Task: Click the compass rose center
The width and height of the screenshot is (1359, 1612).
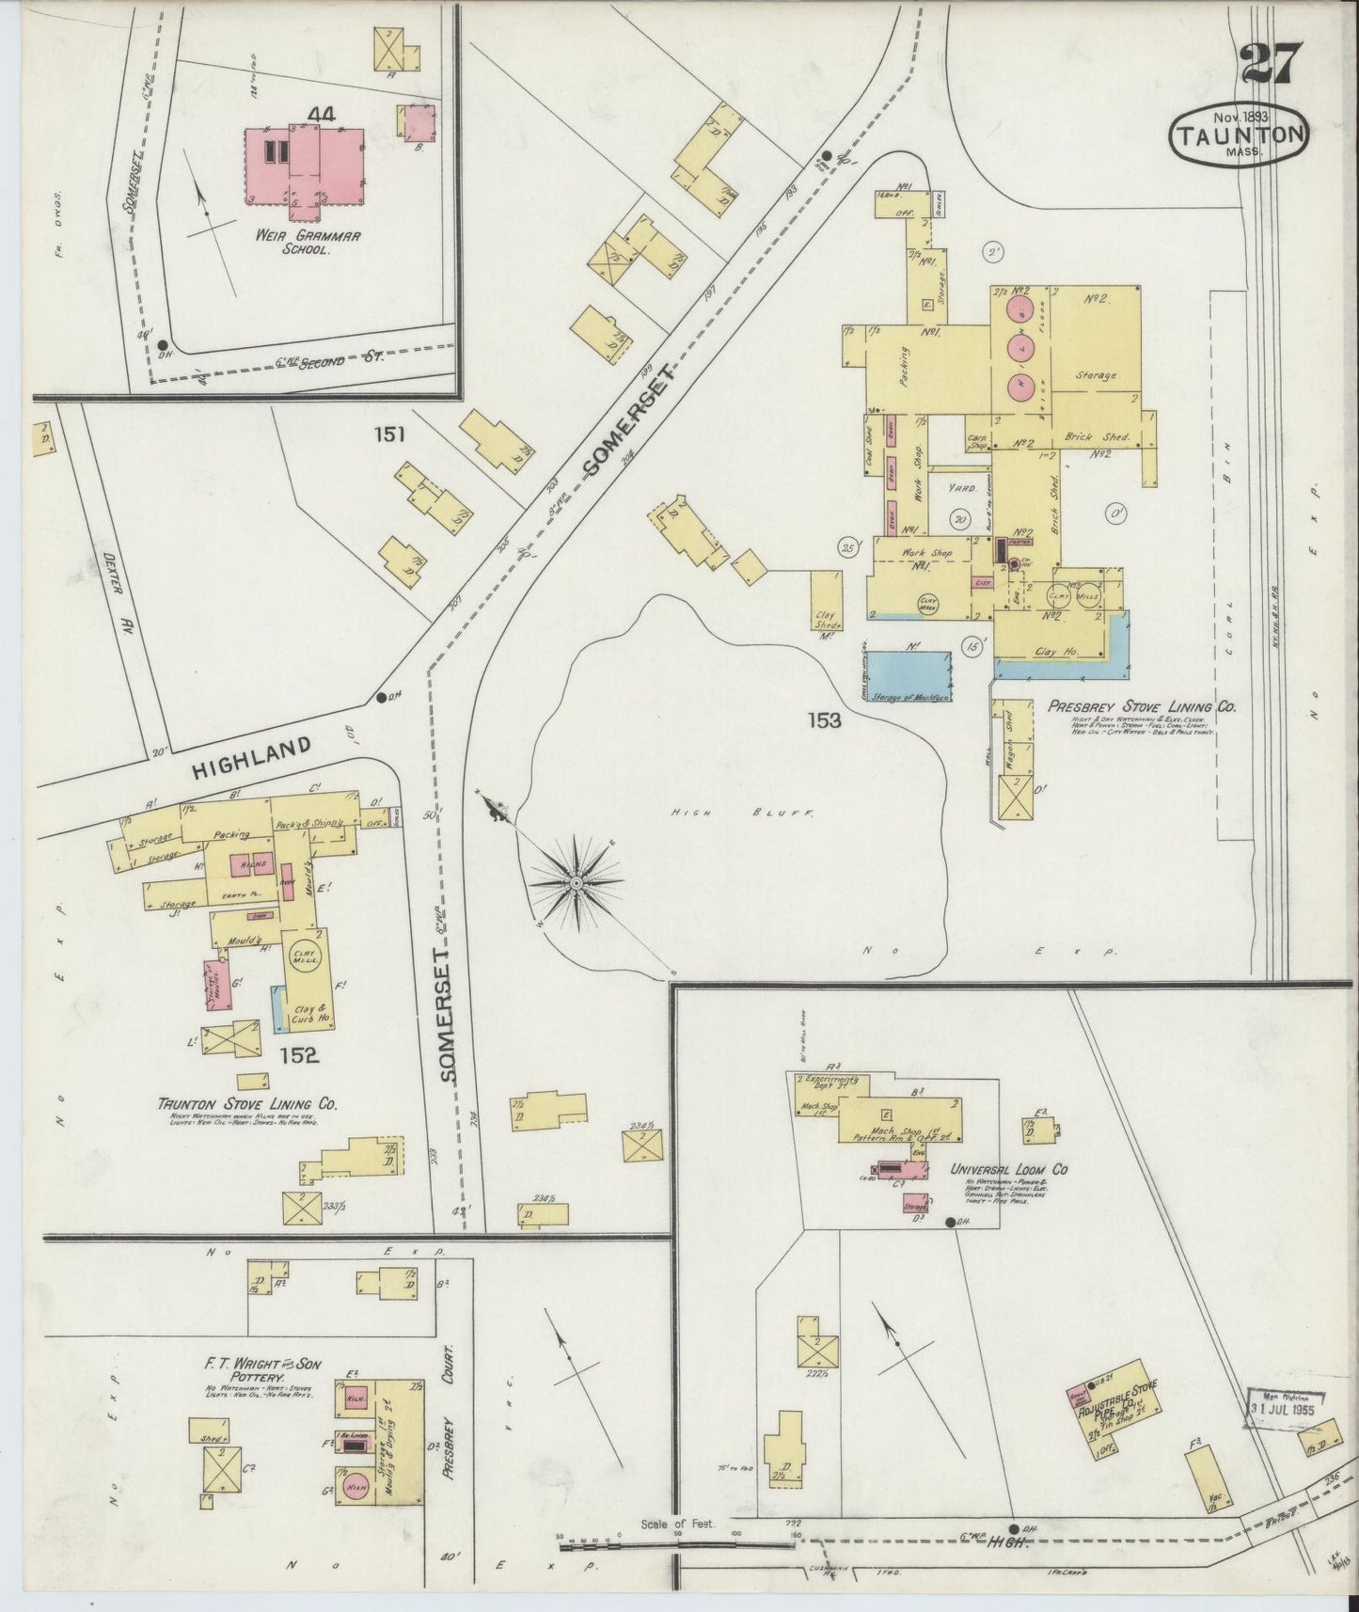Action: (576, 884)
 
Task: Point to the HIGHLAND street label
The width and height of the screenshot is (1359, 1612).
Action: (251, 757)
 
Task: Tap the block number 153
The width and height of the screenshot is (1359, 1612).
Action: (824, 720)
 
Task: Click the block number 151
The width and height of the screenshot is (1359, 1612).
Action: (388, 435)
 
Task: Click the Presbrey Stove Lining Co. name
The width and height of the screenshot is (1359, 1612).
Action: (1143, 707)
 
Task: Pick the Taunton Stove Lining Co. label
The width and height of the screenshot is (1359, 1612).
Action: (247, 1104)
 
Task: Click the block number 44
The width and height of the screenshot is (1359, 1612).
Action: (320, 115)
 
